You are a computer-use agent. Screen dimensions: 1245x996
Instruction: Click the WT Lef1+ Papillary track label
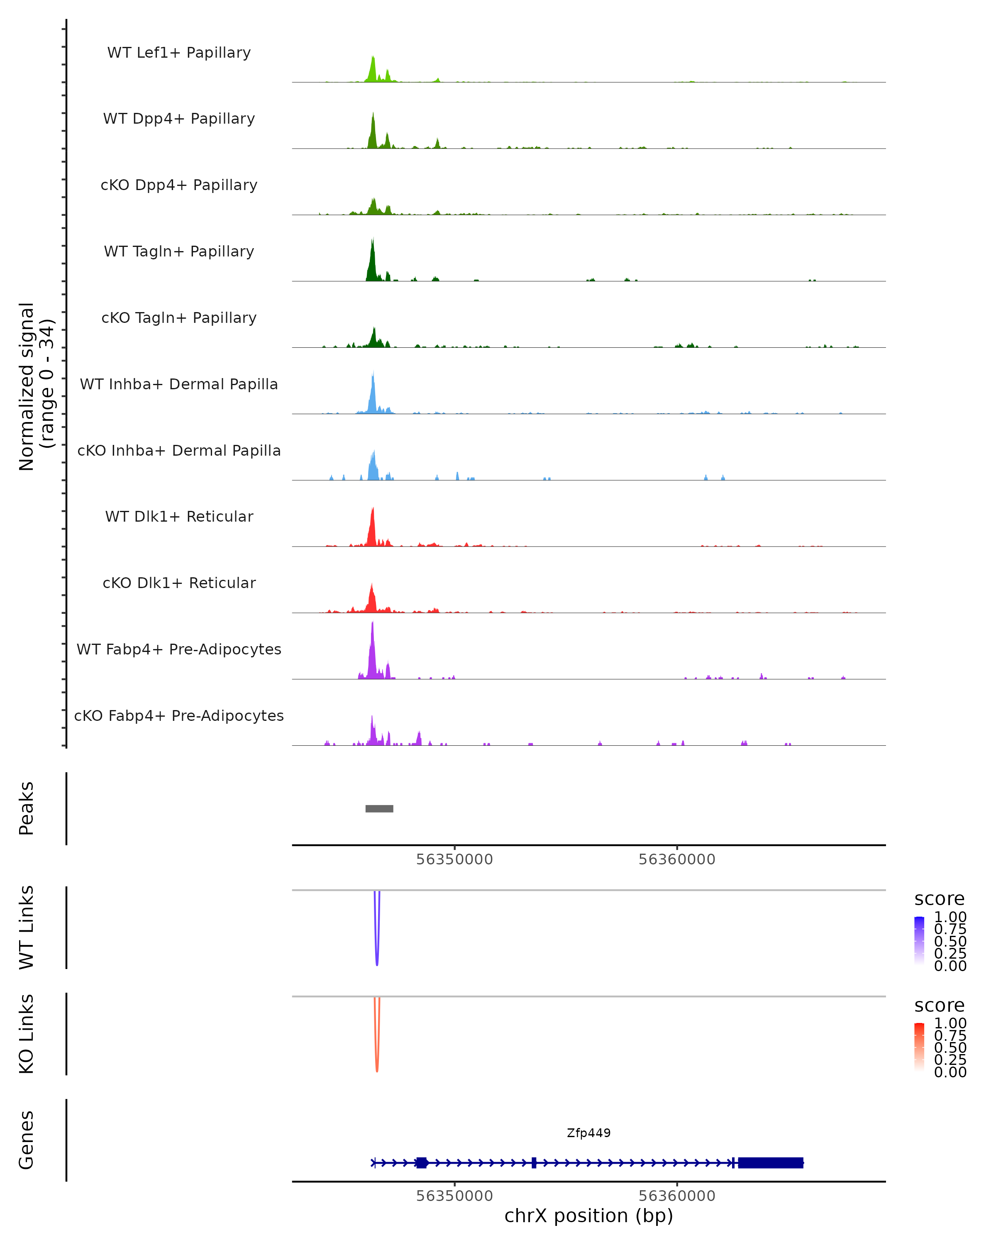pos(179,53)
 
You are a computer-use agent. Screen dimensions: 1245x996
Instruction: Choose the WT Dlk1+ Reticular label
pos(179,516)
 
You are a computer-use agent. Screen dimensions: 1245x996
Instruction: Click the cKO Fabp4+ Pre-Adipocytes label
pos(179,715)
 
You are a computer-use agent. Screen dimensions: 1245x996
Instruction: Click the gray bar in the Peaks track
pos(379,808)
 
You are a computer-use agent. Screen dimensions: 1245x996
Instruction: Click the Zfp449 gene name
pos(588,1133)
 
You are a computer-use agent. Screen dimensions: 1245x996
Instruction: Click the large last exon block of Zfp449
pos(770,1162)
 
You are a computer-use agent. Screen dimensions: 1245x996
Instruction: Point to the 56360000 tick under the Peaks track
pos(677,859)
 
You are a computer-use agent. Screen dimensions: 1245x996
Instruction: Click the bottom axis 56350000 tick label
pos(454,1196)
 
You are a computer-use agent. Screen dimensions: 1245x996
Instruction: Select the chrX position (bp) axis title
pos(588,1216)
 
